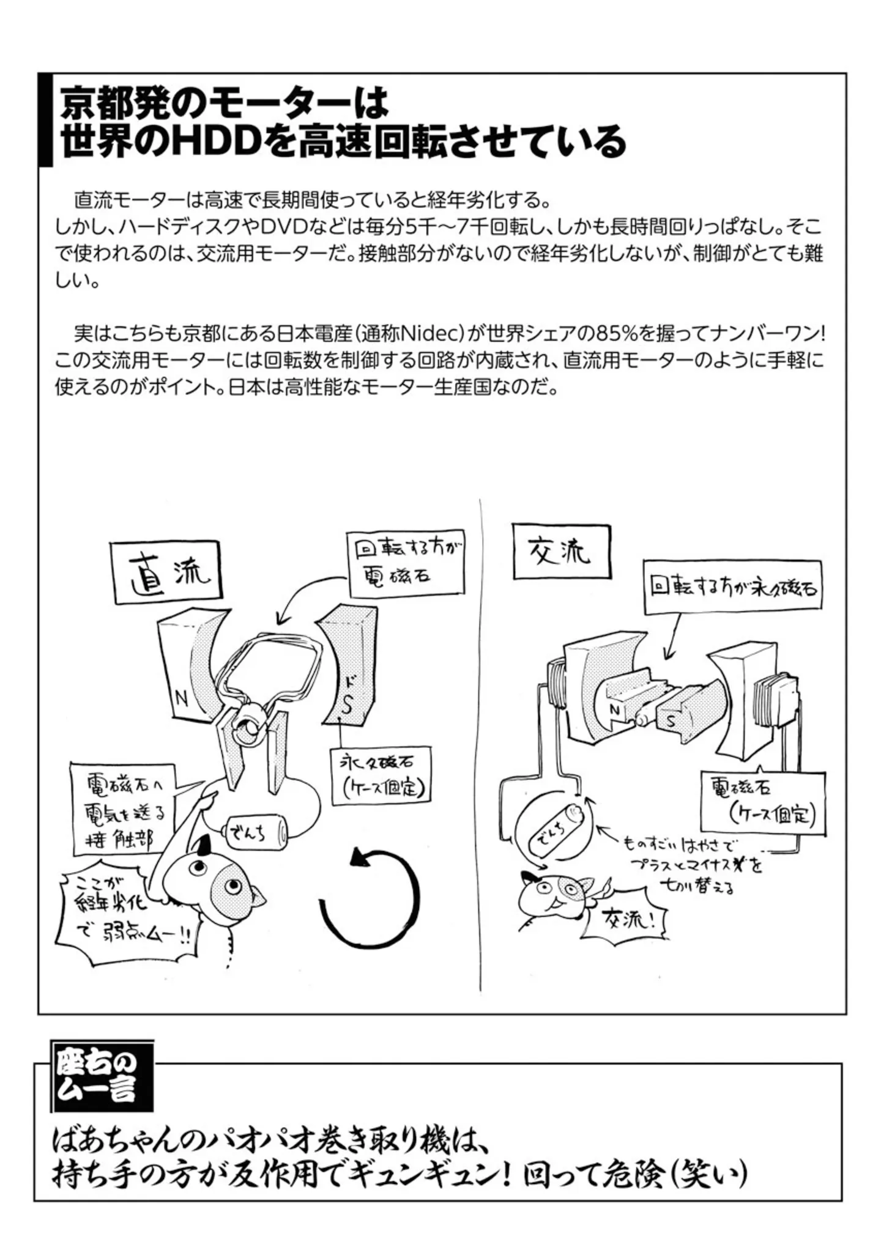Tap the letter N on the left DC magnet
click(x=181, y=698)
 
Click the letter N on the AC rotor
click(x=615, y=711)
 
